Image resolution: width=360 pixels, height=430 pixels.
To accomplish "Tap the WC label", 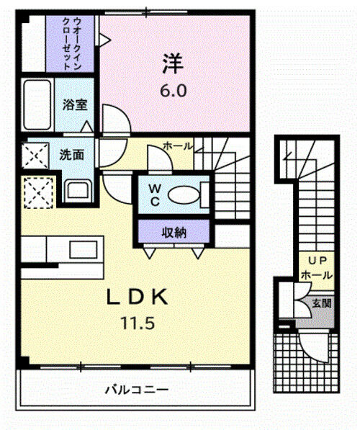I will click(x=154, y=195).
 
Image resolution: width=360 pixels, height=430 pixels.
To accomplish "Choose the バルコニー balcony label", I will click(x=136, y=390).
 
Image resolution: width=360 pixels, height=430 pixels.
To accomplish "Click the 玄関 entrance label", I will click(x=322, y=303).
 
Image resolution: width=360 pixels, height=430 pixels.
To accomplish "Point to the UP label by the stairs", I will click(x=316, y=261).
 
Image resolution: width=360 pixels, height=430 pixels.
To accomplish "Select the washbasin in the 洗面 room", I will click(x=76, y=190).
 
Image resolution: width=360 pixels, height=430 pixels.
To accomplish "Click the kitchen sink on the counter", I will click(x=76, y=249).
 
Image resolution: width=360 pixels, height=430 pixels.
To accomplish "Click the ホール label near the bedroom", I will click(x=177, y=145).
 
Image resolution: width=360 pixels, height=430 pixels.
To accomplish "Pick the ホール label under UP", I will click(x=316, y=275).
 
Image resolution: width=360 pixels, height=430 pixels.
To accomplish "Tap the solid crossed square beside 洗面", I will click(x=35, y=155).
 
